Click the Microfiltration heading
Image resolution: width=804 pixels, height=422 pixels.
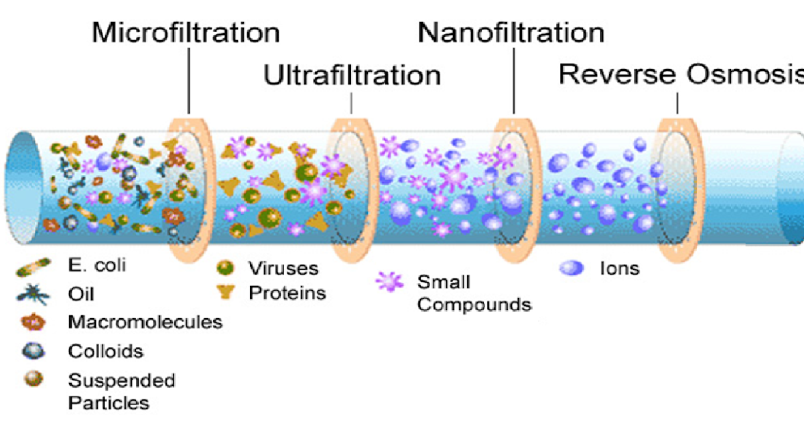pos(186,32)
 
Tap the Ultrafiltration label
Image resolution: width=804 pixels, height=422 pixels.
pos(352,75)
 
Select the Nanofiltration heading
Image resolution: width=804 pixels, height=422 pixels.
pos(511,32)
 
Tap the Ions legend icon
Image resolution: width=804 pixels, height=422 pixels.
pos(571,268)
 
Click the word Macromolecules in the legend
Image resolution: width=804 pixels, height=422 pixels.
pos(145,322)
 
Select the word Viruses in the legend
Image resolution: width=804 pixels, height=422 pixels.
pos(283,269)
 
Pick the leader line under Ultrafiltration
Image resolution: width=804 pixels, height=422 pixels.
pos(352,102)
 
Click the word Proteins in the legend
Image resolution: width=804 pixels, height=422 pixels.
pos(287,293)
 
